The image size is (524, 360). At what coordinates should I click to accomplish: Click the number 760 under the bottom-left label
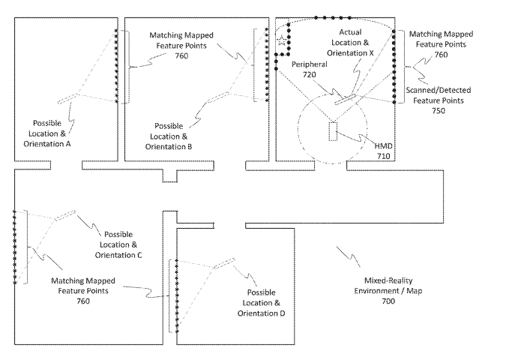[x=82, y=301]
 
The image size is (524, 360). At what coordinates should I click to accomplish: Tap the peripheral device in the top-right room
[x=346, y=96]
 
